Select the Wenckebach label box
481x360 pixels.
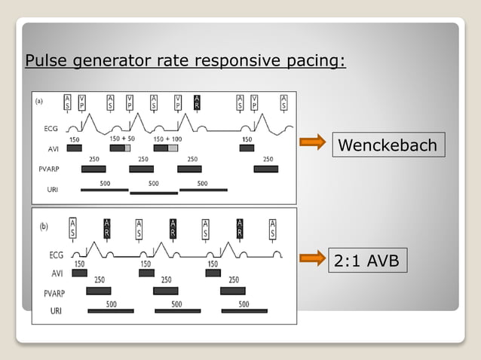pos(388,145)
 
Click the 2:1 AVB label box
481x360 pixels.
pos(366,261)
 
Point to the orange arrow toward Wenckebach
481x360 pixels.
pos(311,142)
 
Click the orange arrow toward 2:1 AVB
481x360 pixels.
pos(311,259)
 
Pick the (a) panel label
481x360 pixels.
pos(41,100)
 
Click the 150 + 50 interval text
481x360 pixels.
pos(122,139)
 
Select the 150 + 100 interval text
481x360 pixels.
pos(167,139)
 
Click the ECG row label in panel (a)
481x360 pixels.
pos(51,129)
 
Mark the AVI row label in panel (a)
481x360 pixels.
pos(51,148)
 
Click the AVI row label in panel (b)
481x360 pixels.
pos(57,272)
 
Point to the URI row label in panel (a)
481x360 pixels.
pos(51,189)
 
